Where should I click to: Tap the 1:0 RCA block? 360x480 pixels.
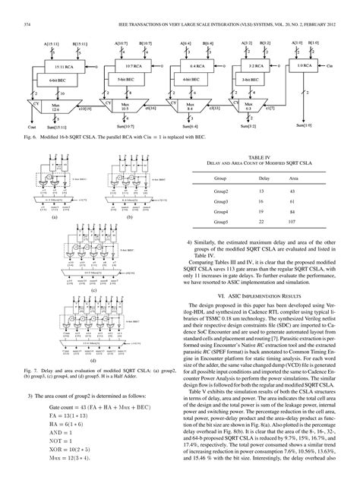tap(322, 66)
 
